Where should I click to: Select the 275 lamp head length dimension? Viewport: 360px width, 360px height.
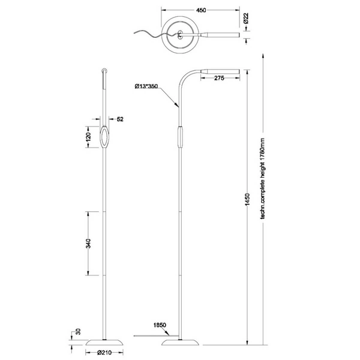click(218, 79)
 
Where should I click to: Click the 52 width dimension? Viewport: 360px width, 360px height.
click(121, 119)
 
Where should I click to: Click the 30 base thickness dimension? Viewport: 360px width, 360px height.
click(77, 332)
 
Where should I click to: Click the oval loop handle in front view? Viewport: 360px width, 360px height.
click(105, 138)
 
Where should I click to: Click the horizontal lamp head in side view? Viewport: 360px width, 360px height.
click(220, 71)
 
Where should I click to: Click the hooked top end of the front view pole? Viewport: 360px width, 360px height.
click(104, 71)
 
